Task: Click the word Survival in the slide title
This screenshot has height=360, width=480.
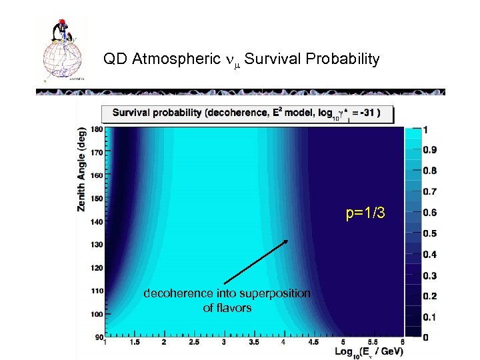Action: pyautogui.click(x=274, y=59)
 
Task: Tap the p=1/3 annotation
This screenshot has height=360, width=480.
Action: pyautogui.click(x=365, y=213)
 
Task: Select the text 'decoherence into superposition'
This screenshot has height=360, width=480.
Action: pyautogui.click(x=227, y=293)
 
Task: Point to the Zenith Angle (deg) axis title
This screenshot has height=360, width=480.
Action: pyautogui.click(x=81, y=169)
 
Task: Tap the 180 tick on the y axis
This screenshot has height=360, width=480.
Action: pyautogui.click(x=96, y=129)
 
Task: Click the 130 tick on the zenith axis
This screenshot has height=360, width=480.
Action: pyautogui.click(x=96, y=245)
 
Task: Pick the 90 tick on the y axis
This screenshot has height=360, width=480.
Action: pyautogui.click(x=98, y=337)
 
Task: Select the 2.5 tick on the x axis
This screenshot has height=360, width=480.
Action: pyautogui.click(x=194, y=343)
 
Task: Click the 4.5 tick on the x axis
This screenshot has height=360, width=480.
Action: pyautogui.click(x=313, y=343)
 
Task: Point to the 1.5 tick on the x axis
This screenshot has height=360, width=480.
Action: pyautogui.click(x=134, y=343)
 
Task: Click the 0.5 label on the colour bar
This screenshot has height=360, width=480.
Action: pyautogui.click(x=430, y=233)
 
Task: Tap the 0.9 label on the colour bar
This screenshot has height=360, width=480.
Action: pyautogui.click(x=430, y=149)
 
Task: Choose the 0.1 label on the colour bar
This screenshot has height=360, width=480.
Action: pyautogui.click(x=430, y=317)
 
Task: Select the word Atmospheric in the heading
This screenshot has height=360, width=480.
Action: pyautogui.click(x=176, y=59)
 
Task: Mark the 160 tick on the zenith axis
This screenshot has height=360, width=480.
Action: pyautogui.click(x=96, y=175)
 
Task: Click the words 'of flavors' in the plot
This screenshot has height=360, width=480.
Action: pyautogui.click(x=227, y=308)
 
